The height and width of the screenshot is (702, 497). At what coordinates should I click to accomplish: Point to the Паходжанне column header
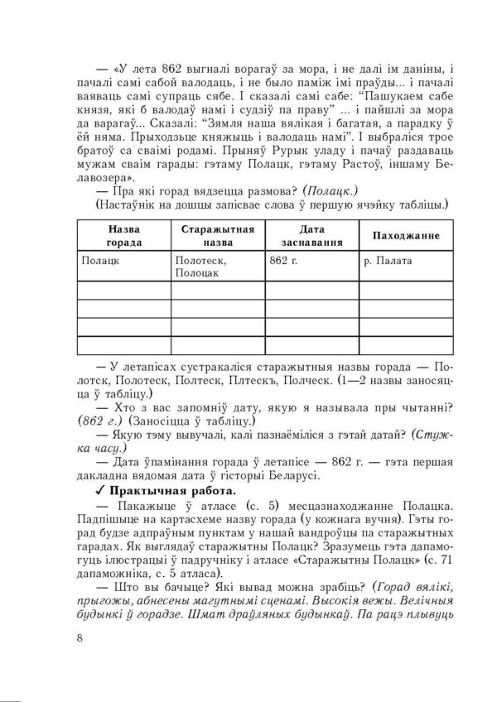pos(405,236)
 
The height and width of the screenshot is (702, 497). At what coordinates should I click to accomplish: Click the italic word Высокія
pos(341,603)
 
